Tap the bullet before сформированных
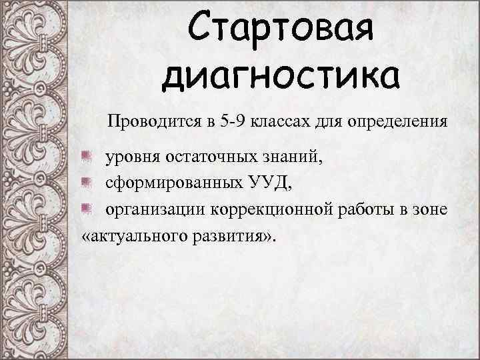[x=85, y=183]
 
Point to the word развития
[x=227, y=237]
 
